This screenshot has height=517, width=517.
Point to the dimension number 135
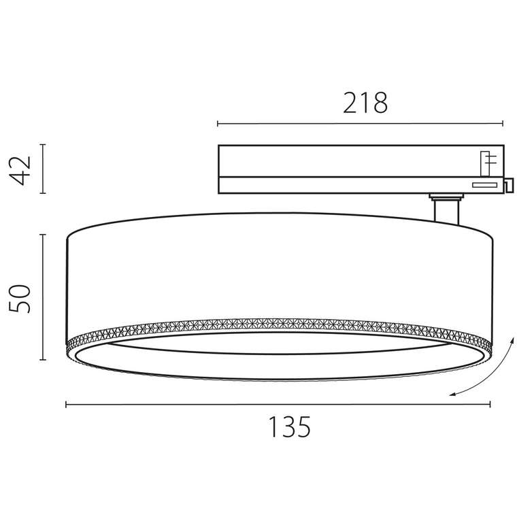pyautogui.click(x=288, y=427)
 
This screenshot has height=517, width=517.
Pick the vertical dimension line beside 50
pyautogui.click(x=43, y=297)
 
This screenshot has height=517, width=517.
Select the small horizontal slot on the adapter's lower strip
pyautogui.click(x=484, y=184)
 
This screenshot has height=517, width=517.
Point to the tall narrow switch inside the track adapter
pyautogui.click(x=486, y=163)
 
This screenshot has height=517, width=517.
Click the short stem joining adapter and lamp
pyautogui.click(x=446, y=211)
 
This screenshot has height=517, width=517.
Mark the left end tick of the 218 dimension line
pyautogui.click(x=218, y=124)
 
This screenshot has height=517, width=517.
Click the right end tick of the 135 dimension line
pyautogui.click(x=490, y=404)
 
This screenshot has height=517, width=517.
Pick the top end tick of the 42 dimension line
pyautogui.click(x=43, y=144)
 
